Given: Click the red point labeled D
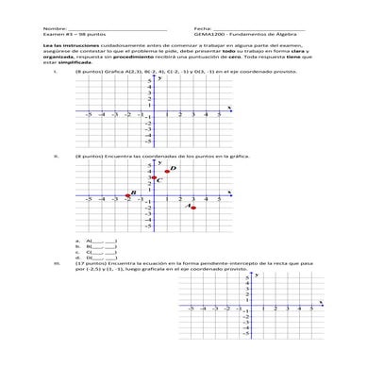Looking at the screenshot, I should pos(167,171).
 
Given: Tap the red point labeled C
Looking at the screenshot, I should pos(154,178).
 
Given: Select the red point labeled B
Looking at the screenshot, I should pos(127,198).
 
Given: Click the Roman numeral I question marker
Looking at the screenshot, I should pos(57,72).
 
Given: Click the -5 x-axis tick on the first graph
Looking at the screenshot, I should pos(89,113).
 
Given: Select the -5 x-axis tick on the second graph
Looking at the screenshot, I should pos(89,200).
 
